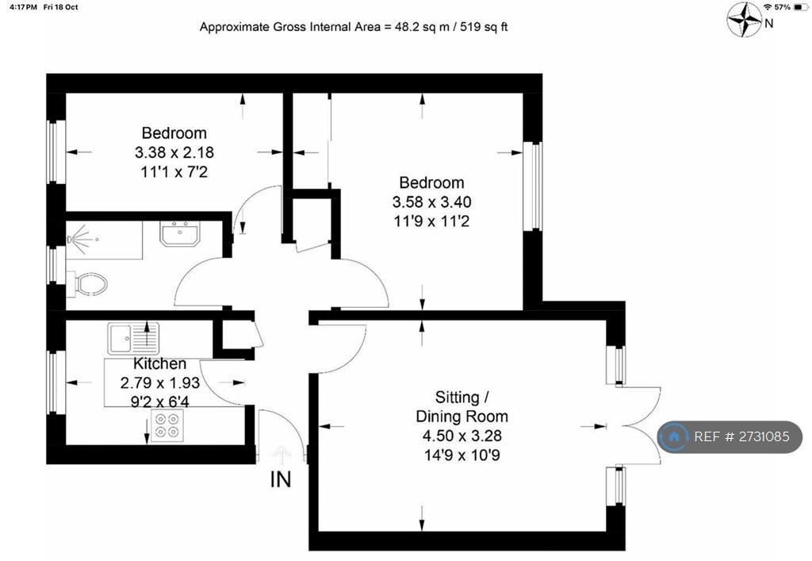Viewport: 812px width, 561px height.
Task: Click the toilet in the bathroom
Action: point(88,284)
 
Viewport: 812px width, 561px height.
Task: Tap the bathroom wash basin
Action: point(179,234)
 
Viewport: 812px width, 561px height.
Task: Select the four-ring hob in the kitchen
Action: point(167,425)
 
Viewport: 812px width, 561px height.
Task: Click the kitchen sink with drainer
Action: point(133,338)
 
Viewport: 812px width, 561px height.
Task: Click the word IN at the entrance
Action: point(281,480)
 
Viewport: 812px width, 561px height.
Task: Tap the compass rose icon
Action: point(744,19)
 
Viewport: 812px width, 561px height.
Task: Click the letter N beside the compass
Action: point(769,23)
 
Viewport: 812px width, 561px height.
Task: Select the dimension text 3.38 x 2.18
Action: point(174,152)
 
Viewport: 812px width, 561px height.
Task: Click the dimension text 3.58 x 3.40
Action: point(431,202)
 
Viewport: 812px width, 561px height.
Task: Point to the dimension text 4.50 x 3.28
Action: point(462,436)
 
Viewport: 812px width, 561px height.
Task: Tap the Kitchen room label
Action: point(159,363)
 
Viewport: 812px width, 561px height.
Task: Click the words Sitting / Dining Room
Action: point(462,406)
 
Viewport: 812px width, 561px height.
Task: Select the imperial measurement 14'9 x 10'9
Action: point(462,455)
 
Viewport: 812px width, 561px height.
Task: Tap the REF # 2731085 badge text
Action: point(741,436)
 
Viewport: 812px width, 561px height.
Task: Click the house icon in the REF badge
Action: point(674,436)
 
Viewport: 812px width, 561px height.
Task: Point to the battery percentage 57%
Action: point(782,7)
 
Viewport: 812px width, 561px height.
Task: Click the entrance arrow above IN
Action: point(281,455)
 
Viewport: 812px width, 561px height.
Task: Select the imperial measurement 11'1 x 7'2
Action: point(174,172)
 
